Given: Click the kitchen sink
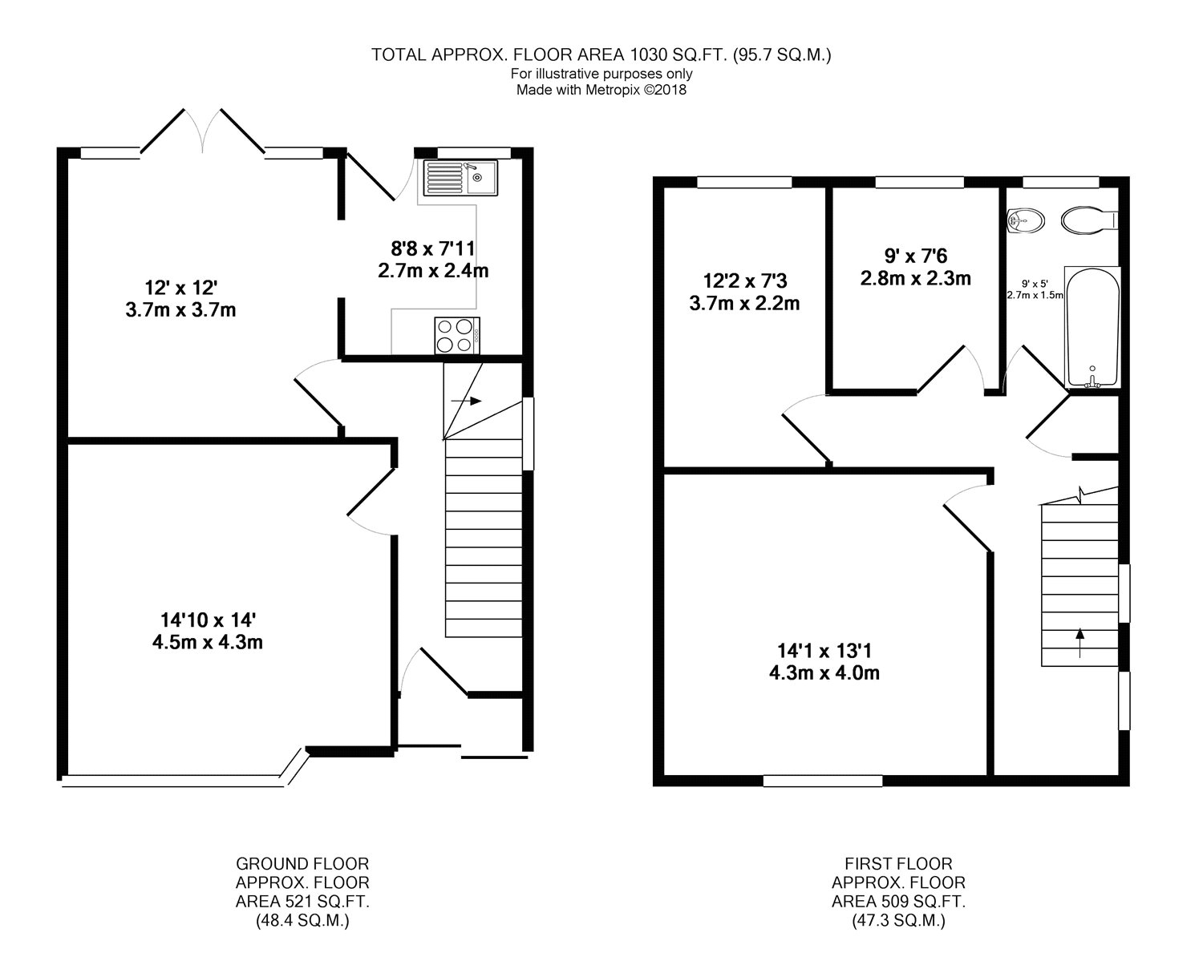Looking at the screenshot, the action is (460, 178).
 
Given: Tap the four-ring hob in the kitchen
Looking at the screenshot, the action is (456, 335).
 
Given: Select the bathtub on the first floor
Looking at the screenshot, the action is (1092, 327).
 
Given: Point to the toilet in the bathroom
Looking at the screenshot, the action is (1089, 220).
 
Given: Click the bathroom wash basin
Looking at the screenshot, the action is (1025, 220).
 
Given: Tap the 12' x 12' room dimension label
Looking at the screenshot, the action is (180, 288).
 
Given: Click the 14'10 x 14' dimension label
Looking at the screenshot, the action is (208, 620).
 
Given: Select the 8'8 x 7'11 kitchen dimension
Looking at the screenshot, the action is (432, 248).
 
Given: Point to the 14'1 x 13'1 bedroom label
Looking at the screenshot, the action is (824, 650).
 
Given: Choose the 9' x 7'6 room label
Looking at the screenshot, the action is (916, 256).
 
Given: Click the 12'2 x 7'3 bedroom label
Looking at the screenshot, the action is (744, 281).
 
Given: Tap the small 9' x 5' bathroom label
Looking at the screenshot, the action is (1035, 284).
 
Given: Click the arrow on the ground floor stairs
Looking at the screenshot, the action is (466, 401).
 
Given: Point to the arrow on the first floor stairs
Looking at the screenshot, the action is (1080, 643).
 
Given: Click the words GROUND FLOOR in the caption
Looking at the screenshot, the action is (302, 864).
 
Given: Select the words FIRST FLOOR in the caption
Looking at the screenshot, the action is (898, 864).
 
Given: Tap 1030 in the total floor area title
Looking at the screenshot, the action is (649, 55).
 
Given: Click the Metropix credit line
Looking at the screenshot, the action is (601, 90).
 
